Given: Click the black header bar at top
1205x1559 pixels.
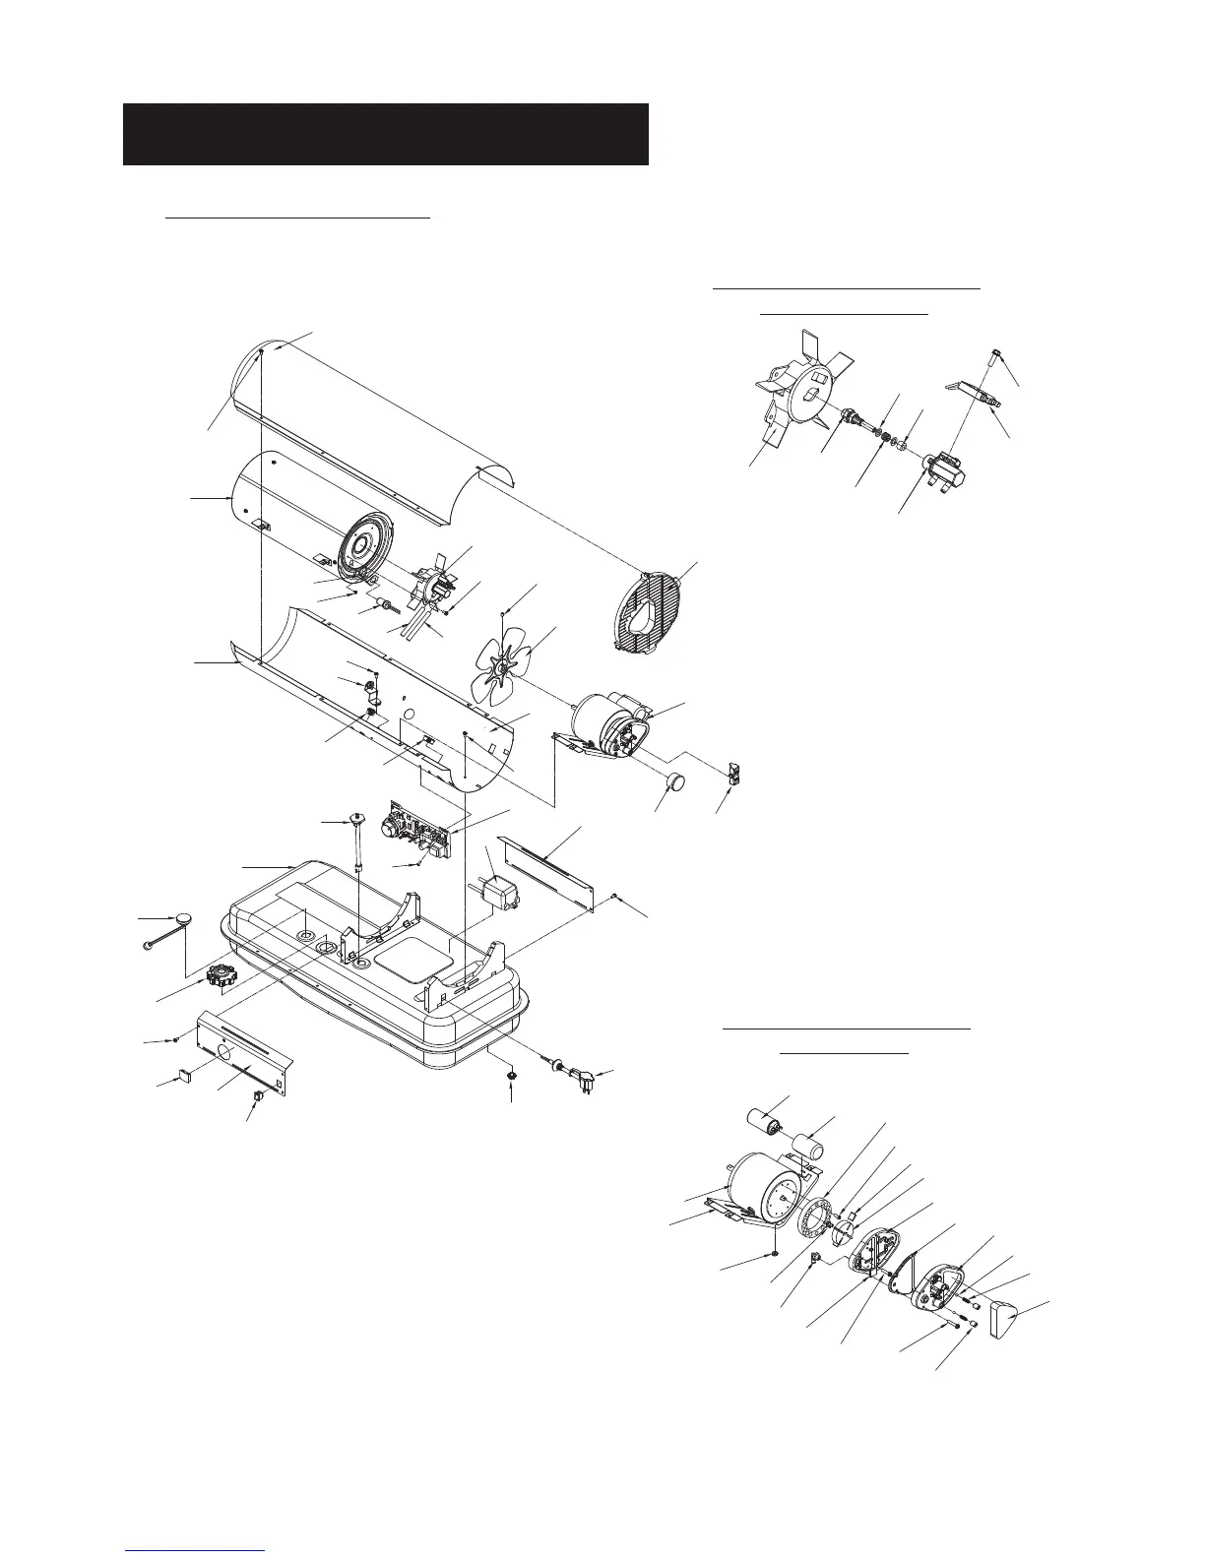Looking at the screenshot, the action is click(x=385, y=134).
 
